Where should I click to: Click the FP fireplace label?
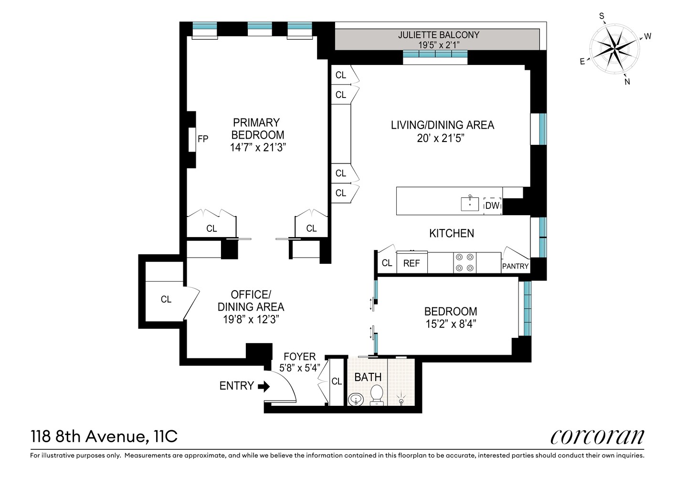click(203, 139)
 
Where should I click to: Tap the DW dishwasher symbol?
click(492, 206)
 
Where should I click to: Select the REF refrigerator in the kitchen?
click(411, 263)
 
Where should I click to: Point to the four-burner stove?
click(464, 263)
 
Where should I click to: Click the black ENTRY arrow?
click(264, 386)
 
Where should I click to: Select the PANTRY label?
click(515, 266)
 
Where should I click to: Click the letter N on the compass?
click(627, 82)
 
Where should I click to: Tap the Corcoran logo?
click(597, 437)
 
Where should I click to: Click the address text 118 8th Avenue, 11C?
click(104, 437)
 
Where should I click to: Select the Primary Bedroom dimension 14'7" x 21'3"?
click(258, 148)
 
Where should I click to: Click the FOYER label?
click(299, 357)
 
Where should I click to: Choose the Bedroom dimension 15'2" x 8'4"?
click(451, 324)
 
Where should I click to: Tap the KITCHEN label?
click(452, 233)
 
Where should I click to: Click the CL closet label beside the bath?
click(337, 381)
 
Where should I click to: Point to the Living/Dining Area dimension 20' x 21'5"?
click(441, 138)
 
